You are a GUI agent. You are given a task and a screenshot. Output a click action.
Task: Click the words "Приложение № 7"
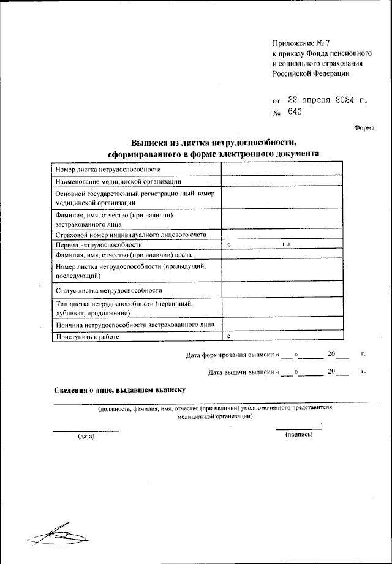pos(301,43)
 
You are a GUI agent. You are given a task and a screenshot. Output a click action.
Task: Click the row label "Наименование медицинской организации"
pos(118,181)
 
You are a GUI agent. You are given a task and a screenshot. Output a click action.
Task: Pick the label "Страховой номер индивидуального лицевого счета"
pos(130,235)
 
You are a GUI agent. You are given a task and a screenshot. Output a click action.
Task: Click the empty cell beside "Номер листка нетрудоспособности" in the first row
pos(282,169)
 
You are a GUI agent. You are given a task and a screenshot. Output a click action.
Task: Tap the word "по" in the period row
pos(285,244)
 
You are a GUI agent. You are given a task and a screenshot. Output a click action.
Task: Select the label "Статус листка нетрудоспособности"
pos(108,290)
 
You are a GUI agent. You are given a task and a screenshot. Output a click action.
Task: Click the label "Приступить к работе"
pos(87,336)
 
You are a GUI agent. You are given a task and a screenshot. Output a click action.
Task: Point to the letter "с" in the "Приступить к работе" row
pos(228,336)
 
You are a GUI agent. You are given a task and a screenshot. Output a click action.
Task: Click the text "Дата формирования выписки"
pos(230,354)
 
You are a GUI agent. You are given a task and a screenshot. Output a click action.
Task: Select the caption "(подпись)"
pos(299,434)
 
